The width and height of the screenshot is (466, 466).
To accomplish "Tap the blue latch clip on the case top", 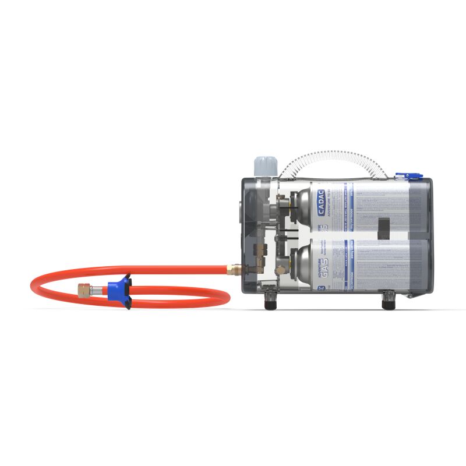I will point(401,175).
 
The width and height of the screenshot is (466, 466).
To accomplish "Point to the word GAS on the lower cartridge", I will point(322,260).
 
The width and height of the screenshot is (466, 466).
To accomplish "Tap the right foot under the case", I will point(388,303).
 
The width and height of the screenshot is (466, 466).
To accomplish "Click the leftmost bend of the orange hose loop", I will point(33,285).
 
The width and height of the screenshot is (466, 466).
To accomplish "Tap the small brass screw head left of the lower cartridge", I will point(281,269).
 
